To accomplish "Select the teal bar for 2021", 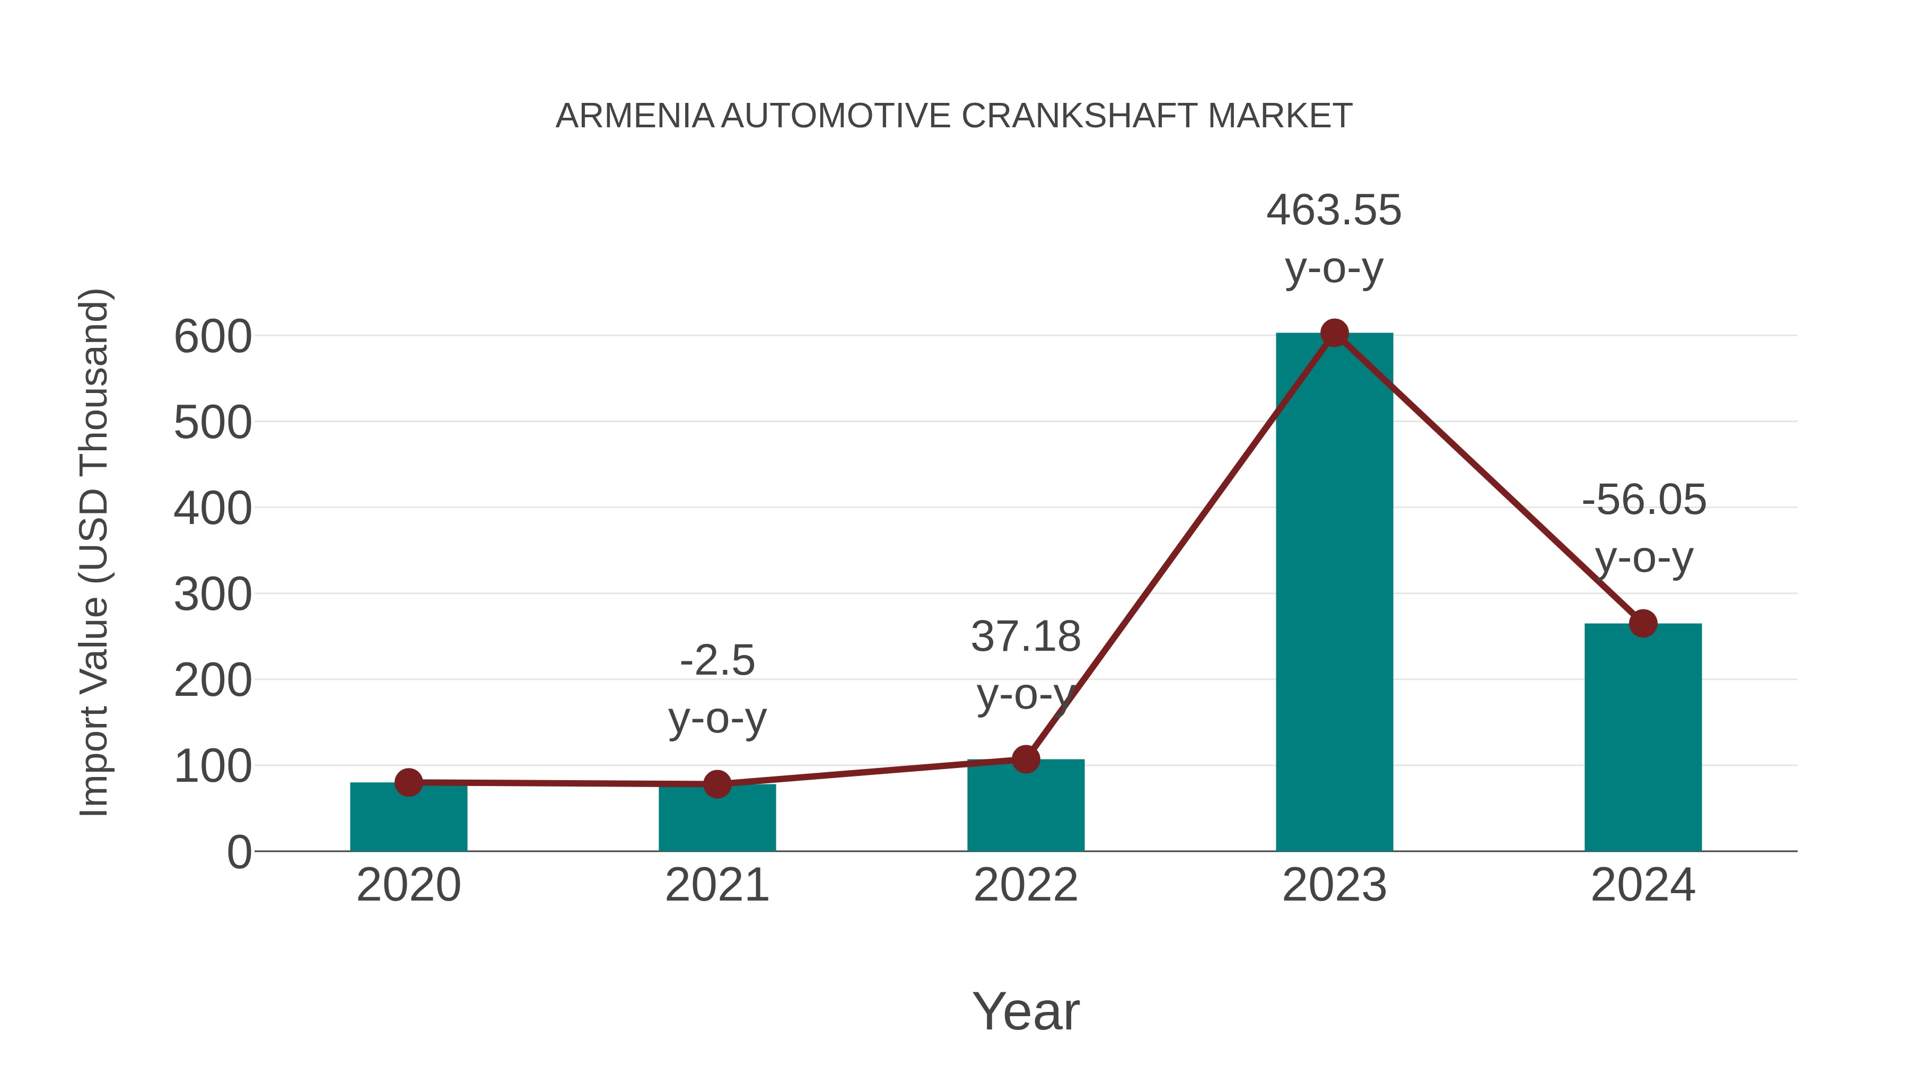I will point(716,823).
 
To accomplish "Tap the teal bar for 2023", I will point(1334,593).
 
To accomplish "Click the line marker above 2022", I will point(1026,759).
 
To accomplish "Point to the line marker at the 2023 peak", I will point(1334,334).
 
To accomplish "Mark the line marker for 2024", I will point(1643,623).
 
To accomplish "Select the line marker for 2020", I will point(408,782).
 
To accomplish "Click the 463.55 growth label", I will point(1334,211).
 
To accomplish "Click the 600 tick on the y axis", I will point(213,337).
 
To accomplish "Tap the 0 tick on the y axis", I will point(239,852).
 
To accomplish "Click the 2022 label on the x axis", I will point(1026,886).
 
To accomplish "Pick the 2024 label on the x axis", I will point(1643,886).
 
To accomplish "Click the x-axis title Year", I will point(1026,1012).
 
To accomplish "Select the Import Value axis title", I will point(95,552).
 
